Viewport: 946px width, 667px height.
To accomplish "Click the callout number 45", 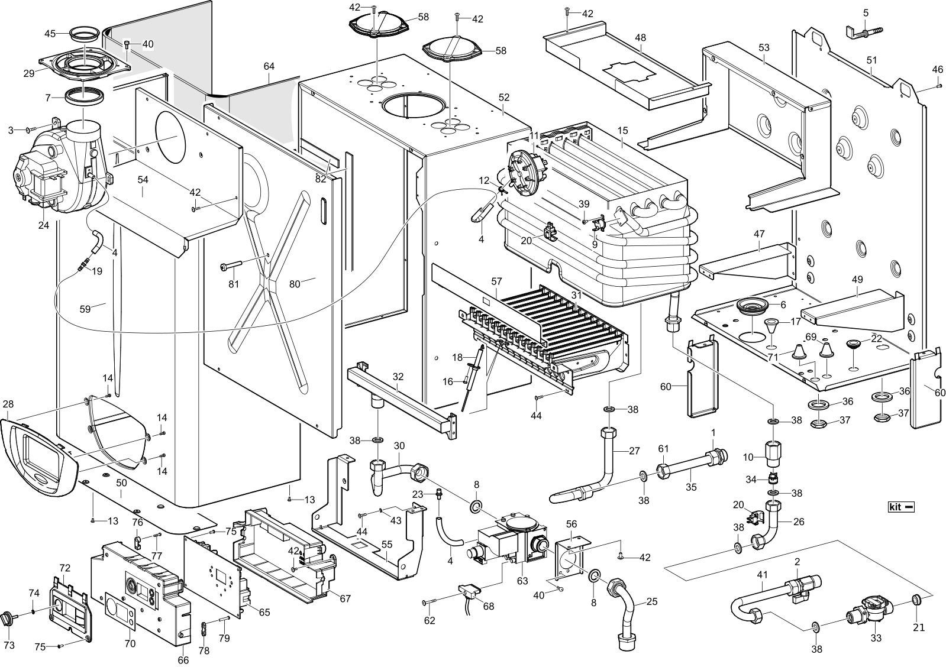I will click(50, 34).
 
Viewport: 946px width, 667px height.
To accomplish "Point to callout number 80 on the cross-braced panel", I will click(295, 284).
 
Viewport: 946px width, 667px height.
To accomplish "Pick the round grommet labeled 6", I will click(751, 306).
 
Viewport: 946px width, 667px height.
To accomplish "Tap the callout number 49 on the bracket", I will click(857, 279).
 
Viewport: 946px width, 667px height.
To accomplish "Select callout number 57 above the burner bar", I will click(496, 282).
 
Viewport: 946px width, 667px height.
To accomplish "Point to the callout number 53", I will click(764, 47).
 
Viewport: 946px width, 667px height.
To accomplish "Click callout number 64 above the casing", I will click(269, 66).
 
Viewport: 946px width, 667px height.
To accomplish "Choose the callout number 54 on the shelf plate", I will click(143, 179).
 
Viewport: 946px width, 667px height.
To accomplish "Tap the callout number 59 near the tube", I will click(86, 309).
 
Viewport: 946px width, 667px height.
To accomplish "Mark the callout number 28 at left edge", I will click(8, 404).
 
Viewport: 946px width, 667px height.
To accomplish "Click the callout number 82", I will click(321, 179).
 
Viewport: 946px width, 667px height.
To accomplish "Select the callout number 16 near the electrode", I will click(448, 382).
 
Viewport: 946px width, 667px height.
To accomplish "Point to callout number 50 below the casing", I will click(121, 483).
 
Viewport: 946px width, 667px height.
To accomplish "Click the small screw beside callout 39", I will click(585, 221).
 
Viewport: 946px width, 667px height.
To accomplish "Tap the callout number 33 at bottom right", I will click(876, 639).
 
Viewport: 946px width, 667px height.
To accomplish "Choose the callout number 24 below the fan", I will click(43, 226).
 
